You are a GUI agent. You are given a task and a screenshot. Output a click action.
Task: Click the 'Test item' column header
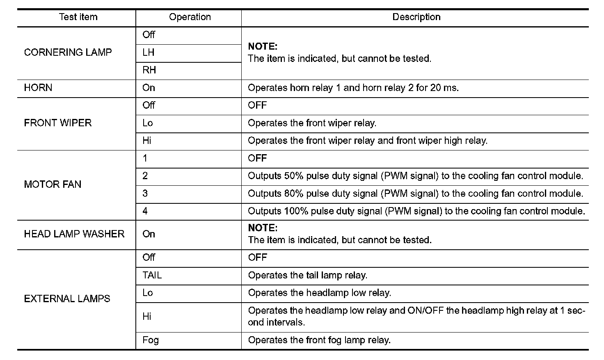point(78,17)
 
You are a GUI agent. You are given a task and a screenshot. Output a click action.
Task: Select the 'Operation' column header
point(190,17)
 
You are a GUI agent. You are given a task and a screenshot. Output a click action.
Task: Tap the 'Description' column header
point(416,17)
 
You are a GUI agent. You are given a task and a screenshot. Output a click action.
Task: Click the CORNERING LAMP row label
point(68,52)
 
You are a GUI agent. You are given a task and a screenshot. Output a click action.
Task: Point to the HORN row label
point(38,88)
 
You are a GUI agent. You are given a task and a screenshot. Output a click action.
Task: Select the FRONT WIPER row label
point(57,123)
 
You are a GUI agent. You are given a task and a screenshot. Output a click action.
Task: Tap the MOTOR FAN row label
point(53,185)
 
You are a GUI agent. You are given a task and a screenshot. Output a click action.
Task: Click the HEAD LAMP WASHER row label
point(74,234)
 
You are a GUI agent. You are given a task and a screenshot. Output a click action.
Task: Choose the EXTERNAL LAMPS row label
point(67,299)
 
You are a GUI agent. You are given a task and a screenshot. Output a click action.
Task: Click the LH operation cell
point(148,53)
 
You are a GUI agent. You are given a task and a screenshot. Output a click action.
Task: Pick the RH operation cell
point(149,71)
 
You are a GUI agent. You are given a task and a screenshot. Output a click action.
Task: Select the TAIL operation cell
point(152,276)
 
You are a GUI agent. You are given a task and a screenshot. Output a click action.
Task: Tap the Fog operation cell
point(150,340)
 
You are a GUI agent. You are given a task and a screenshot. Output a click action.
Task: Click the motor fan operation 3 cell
point(145,194)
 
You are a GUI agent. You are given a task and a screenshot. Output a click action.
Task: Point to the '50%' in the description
point(294,176)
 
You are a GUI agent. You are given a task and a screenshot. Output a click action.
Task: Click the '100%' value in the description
point(295,211)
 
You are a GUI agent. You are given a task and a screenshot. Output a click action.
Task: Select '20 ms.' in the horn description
point(444,88)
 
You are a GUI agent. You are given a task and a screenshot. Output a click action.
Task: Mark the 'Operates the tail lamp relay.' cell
point(307,276)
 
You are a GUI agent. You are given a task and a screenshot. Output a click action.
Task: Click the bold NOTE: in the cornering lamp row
point(263,46)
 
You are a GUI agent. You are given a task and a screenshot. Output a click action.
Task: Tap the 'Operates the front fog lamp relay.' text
point(319,340)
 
